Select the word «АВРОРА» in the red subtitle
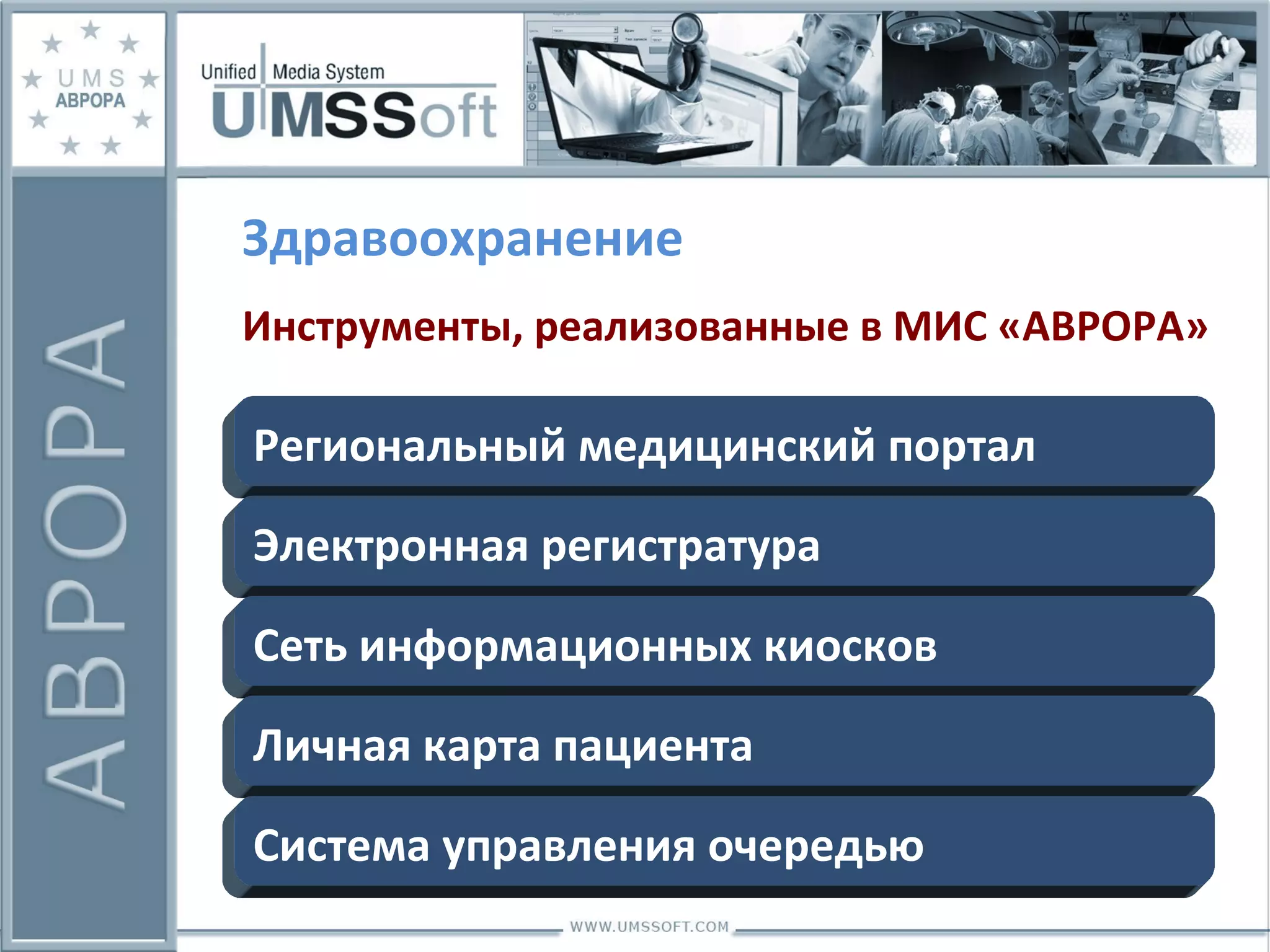(x=1103, y=327)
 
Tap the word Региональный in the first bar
(x=409, y=446)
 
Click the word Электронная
(x=391, y=547)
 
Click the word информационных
(x=555, y=648)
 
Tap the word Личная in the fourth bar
(x=331, y=746)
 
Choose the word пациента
(x=652, y=747)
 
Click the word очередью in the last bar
(x=815, y=847)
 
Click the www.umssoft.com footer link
(x=649, y=927)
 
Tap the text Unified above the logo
(x=228, y=72)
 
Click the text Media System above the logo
(x=329, y=73)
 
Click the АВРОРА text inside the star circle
(x=91, y=100)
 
